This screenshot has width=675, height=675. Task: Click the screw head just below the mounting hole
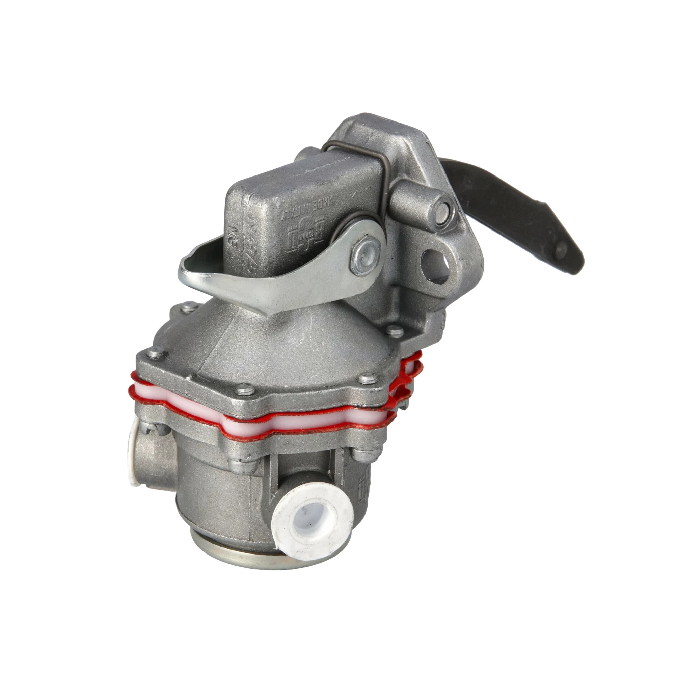394,329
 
